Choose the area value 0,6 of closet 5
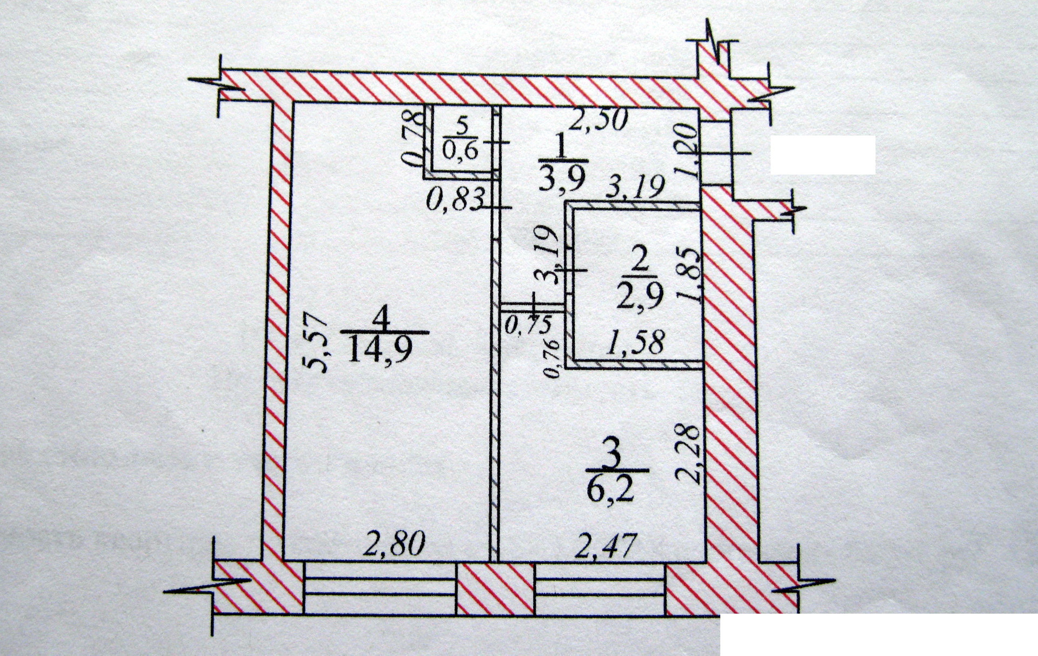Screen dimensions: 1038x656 tap(461, 151)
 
